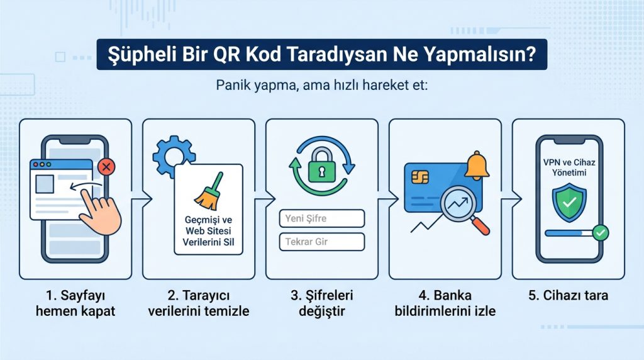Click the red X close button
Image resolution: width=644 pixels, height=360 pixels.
point(108,167)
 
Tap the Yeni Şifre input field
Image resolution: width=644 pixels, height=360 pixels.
point(321,219)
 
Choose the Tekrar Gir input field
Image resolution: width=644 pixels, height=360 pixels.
point(321,242)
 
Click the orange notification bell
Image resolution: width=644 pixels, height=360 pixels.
point(477,165)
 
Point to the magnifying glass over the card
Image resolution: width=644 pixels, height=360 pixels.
point(464,207)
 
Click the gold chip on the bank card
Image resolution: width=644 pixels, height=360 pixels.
point(421,176)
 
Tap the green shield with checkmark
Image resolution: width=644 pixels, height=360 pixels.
point(569,203)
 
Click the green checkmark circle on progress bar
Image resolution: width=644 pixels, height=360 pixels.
point(601,233)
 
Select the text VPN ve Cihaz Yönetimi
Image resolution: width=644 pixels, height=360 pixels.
point(569,167)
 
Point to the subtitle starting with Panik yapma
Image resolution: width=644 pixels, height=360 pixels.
point(321,85)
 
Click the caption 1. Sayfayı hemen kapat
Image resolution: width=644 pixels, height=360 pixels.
point(75,303)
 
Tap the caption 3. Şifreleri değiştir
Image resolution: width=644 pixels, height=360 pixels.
point(321,303)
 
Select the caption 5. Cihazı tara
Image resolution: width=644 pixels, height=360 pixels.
point(568,295)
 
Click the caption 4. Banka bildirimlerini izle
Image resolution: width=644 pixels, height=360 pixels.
point(445,303)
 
